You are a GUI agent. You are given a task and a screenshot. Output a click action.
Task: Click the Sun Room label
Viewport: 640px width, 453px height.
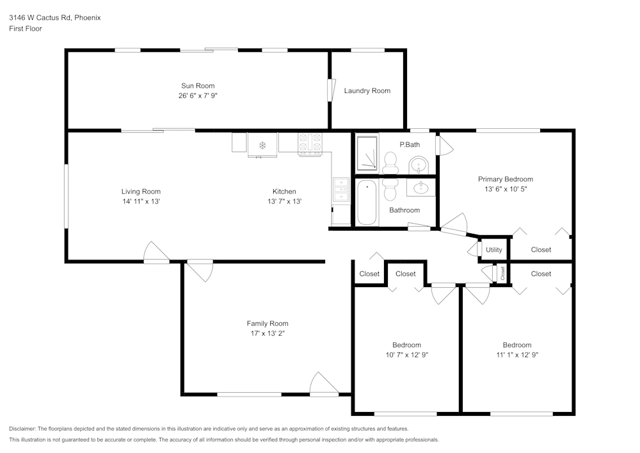[197, 86]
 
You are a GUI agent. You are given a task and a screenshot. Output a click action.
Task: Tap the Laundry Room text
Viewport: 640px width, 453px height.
[367, 91]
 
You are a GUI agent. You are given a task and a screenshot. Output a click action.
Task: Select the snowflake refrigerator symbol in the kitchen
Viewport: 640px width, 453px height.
[262, 145]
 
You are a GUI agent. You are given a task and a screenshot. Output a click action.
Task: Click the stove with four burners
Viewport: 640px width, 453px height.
[309, 145]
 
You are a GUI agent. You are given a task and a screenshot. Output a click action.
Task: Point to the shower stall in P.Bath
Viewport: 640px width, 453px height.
[367, 154]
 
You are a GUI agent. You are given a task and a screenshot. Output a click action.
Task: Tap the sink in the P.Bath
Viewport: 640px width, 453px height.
[419, 165]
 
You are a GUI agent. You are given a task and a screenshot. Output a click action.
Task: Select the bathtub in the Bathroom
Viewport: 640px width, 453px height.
[367, 202]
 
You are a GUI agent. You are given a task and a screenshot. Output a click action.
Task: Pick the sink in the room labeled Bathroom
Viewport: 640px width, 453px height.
[421, 188]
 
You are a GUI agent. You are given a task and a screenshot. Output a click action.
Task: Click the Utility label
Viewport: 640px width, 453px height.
[493, 250]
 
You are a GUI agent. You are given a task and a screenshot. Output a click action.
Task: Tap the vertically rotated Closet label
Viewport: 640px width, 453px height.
[503, 274]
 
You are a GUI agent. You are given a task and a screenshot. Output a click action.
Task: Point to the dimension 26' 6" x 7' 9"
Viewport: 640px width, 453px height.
[197, 95]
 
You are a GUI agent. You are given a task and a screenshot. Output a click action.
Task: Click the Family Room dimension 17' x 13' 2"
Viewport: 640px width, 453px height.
[268, 333]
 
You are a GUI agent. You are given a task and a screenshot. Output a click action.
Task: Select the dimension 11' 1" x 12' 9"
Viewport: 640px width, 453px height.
[516, 354]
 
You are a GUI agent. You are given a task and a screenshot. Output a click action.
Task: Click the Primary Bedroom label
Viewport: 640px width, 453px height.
[505, 179]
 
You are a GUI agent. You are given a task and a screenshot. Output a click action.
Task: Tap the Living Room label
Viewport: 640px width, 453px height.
[141, 192]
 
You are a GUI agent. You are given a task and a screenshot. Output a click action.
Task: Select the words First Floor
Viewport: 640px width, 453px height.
[26, 29]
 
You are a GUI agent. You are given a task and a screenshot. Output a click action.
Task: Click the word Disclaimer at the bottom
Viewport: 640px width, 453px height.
[22, 429]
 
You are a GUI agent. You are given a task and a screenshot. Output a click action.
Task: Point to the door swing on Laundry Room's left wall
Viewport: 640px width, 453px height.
[331, 89]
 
